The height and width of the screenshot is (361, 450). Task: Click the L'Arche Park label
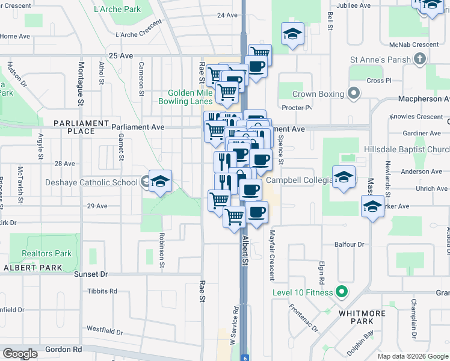coord(118,9)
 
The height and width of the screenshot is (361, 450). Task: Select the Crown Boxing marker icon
coord(354,94)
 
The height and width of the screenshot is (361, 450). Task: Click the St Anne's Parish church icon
coord(420,60)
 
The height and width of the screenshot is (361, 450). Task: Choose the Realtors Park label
coord(46,254)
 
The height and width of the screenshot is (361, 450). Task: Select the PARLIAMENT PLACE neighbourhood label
coord(81,127)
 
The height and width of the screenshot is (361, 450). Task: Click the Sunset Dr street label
coord(90,274)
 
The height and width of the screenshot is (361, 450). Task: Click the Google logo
coord(20,354)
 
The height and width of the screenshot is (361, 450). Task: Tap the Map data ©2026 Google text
coord(413,356)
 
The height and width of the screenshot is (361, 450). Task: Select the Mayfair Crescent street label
coord(272,256)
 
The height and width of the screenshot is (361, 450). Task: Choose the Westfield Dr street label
coord(105,331)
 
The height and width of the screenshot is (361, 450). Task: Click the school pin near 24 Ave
coord(292,34)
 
